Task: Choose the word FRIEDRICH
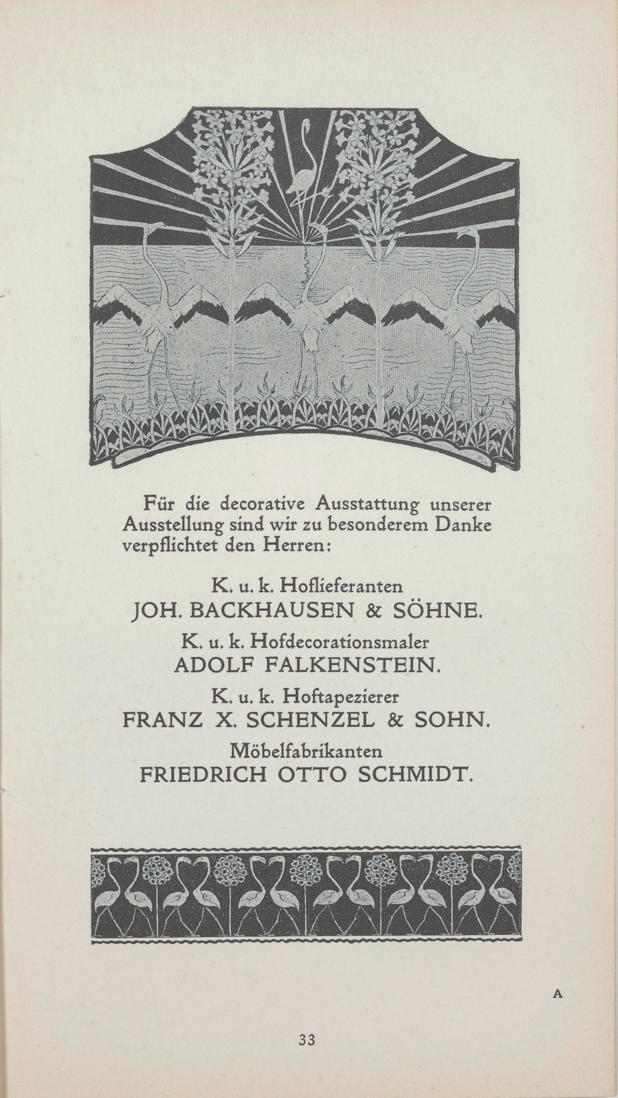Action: click(x=203, y=775)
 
